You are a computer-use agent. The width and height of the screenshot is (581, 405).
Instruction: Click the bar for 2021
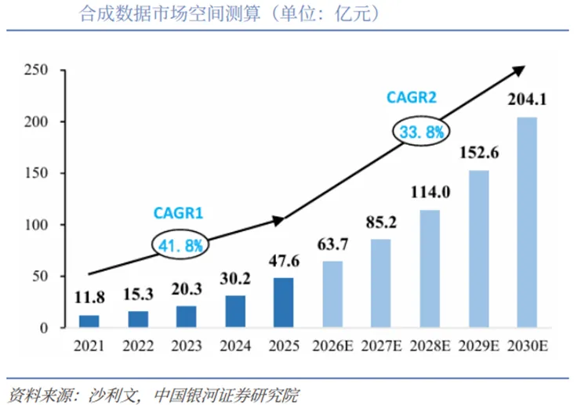coord(89,321)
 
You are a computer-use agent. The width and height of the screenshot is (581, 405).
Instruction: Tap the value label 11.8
coord(89,298)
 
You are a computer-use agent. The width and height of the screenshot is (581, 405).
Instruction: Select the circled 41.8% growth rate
coord(181,245)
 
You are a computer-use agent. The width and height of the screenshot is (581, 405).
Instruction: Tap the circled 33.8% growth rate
coord(422,132)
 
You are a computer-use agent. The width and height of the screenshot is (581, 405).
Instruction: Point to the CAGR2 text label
coord(412,98)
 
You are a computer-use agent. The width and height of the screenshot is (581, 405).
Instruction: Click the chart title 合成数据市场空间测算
coord(168,14)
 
